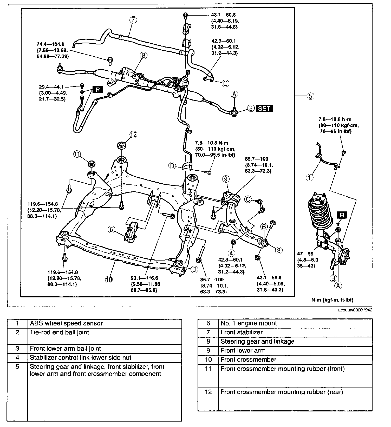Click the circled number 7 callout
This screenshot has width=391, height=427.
[x=133, y=20]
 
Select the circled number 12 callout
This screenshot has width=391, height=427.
[x=133, y=135]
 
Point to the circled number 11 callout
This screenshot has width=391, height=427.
[x=77, y=154]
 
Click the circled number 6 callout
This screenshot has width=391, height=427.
[x=111, y=229]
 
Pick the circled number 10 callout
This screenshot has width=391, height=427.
[x=109, y=279]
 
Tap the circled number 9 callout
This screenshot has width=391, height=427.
[x=226, y=179]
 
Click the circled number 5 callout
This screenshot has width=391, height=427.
[x=310, y=96]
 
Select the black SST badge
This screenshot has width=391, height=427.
[x=265, y=108]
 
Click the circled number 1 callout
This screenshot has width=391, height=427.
[x=309, y=178]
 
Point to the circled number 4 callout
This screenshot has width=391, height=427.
[x=232, y=252]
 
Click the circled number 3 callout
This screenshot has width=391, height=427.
[x=278, y=250]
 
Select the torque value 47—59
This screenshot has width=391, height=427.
[x=306, y=254]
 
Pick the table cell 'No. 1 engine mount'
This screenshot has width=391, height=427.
[x=249, y=323]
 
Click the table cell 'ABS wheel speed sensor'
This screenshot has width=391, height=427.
[x=66, y=323]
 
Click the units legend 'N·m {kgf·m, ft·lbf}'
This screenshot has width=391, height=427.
[x=332, y=300]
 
